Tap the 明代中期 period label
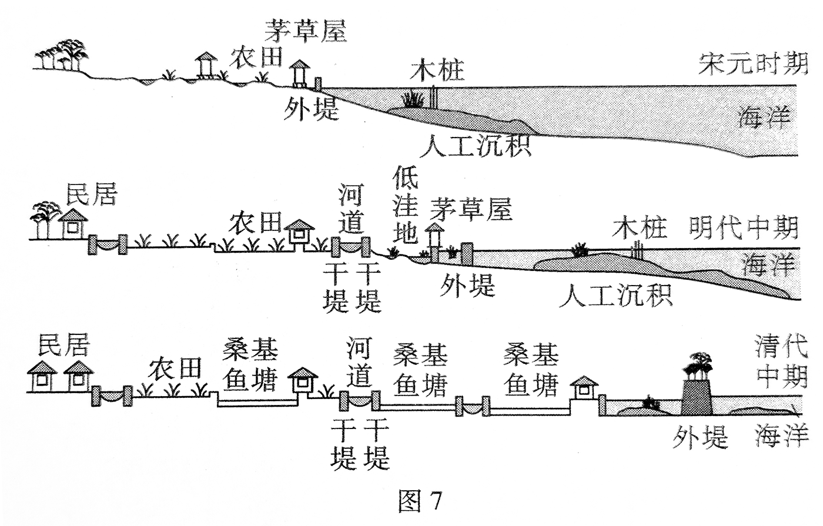744,227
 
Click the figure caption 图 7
419,501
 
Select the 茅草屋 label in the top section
306,30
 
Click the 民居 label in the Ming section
92,194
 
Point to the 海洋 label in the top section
764,118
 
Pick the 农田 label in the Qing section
174,369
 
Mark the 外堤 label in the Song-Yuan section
311,109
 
